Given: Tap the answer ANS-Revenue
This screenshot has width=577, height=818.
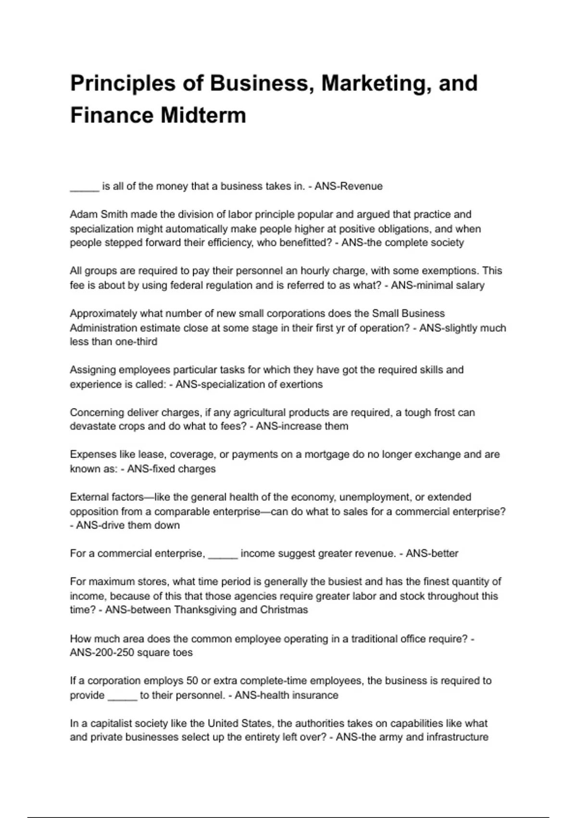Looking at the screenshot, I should (349, 186).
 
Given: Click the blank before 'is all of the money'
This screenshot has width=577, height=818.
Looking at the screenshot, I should (85, 187).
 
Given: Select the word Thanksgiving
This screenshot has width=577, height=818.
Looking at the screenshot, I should (205, 610).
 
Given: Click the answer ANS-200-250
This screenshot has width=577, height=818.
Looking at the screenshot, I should (99, 652).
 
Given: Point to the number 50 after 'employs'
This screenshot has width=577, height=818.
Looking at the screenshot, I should (192, 680).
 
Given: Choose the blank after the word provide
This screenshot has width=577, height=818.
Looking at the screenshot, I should (122, 696).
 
